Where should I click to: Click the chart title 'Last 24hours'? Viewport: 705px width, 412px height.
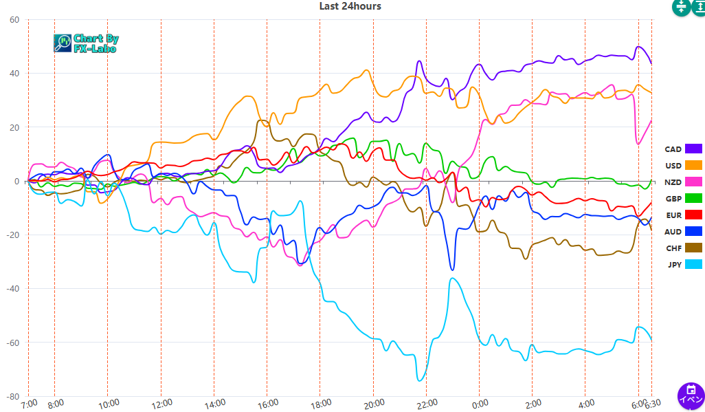(350, 6)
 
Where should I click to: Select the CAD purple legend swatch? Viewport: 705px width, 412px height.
(693, 149)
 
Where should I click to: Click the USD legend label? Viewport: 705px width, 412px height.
(673, 166)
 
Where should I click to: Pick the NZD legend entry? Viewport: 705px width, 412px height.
(673, 182)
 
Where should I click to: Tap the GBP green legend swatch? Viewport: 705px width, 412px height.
(693, 199)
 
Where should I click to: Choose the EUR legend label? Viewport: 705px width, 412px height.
(673, 215)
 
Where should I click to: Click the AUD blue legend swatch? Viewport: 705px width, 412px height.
(693, 232)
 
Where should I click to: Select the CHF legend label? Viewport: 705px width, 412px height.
(673, 248)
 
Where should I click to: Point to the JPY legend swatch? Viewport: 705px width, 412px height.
(693, 265)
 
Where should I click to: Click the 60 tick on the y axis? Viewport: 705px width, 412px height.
(14, 20)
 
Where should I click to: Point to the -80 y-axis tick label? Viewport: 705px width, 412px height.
(12, 397)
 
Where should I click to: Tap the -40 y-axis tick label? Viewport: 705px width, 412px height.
(12, 289)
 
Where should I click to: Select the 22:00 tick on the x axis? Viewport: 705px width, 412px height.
(427, 404)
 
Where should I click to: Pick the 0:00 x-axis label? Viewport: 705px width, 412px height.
(480, 404)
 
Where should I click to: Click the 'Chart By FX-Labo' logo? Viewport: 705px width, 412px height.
(86, 43)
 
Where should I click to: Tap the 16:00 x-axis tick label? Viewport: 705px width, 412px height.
(267, 404)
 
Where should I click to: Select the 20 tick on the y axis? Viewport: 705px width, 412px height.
(14, 127)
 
